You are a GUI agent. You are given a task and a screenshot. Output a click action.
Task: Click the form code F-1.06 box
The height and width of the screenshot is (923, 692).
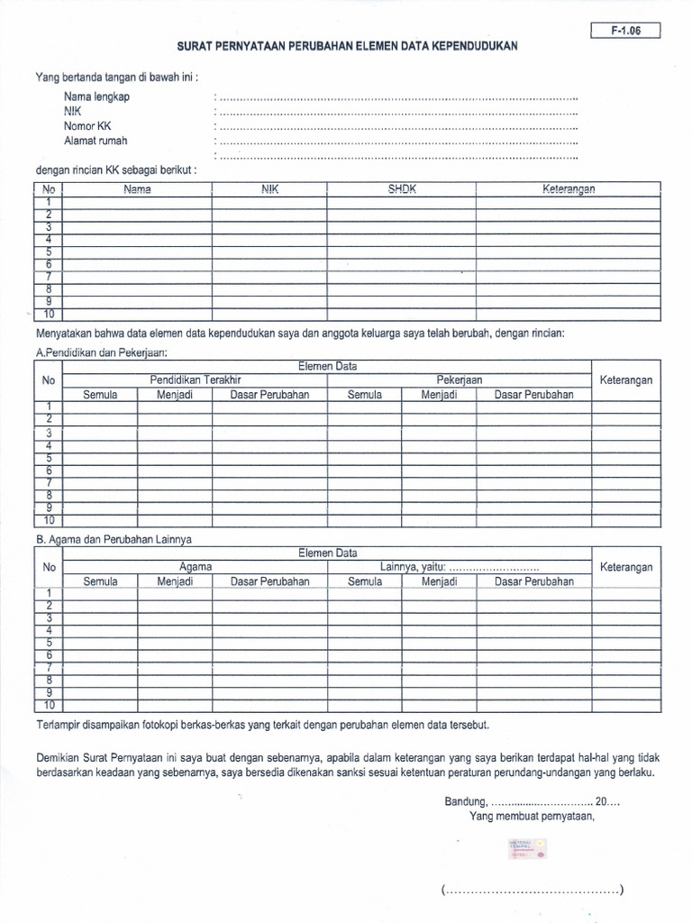[625, 31]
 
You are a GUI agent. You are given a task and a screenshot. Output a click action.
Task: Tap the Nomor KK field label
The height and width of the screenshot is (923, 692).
[86, 126]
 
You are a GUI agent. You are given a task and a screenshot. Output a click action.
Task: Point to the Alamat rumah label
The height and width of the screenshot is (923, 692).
[96, 141]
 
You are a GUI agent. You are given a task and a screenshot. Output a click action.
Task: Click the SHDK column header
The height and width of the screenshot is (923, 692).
[401, 189]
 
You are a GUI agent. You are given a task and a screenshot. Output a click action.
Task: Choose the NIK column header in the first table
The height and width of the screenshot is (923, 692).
[269, 189]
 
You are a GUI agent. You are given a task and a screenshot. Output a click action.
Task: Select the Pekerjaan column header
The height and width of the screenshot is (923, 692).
[460, 380]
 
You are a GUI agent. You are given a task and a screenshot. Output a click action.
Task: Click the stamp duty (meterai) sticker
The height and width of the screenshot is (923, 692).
[526, 847]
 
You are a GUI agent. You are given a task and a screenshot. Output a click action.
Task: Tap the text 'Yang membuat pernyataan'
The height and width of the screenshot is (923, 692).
[532, 817]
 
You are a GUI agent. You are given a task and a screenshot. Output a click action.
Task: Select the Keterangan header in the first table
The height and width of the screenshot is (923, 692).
[569, 189]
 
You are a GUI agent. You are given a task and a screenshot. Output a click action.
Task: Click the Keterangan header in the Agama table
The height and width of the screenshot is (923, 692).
[626, 567]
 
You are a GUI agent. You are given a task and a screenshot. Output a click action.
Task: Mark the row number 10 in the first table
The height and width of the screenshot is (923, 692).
[50, 314]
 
